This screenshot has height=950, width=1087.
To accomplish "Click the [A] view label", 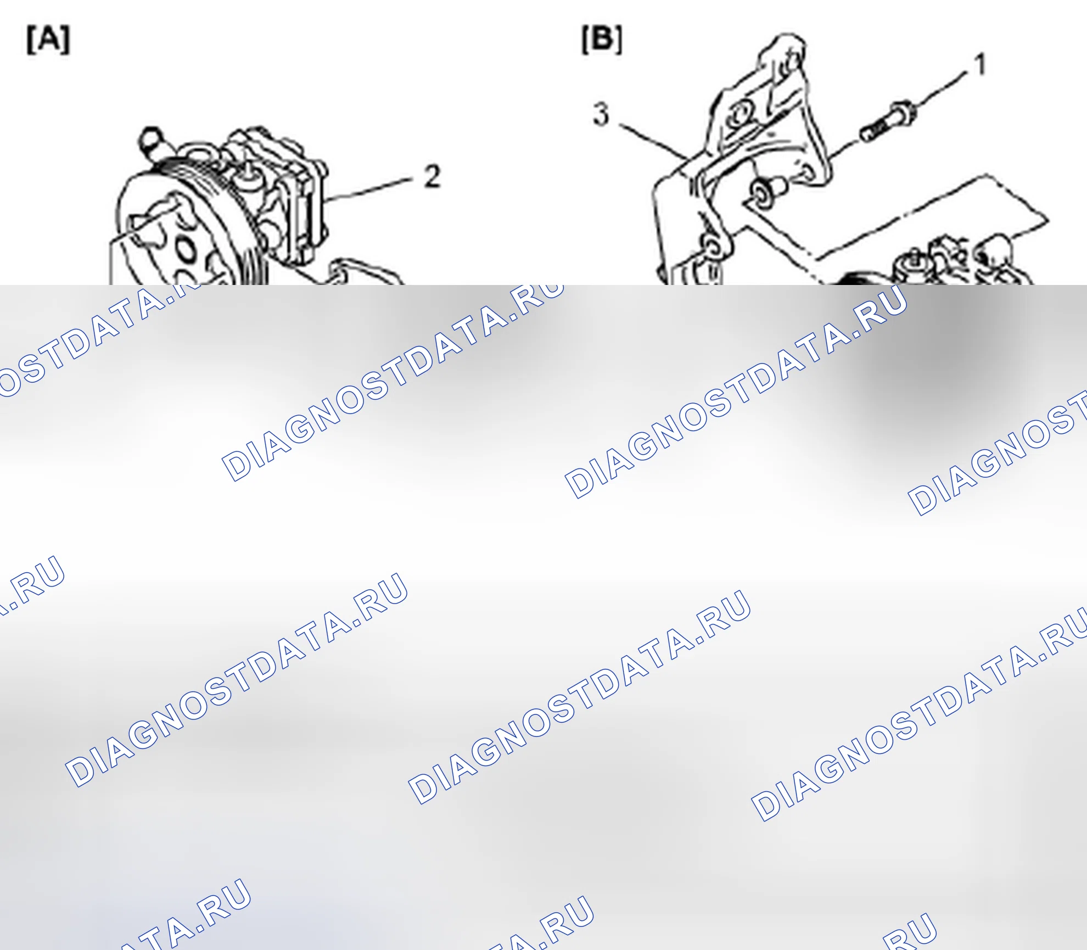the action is tap(48, 40).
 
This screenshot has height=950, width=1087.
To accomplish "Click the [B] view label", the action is tap(602, 40).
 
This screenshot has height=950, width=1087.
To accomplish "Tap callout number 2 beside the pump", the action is tap(433, 176).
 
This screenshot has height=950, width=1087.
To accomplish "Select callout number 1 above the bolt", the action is tap(980, 64).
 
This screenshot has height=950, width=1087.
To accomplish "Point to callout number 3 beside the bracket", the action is tap(601, 114).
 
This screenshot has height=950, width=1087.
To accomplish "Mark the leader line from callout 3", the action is tap(654, 142).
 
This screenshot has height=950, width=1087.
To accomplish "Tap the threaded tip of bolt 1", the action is tap(867, 133).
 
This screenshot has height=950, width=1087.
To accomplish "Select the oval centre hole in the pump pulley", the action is tap(186, 250).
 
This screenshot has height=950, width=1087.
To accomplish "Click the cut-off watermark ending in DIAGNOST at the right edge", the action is tap(997, 454).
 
